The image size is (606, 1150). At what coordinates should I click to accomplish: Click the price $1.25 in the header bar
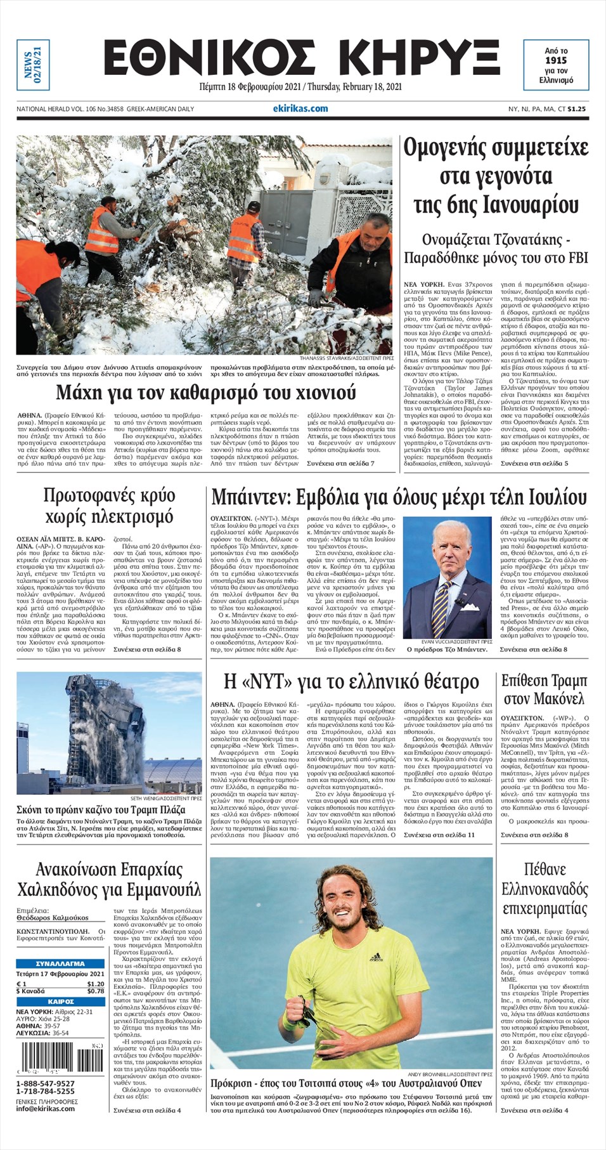(x=576, y=109)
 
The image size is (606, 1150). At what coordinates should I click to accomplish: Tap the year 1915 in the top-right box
(x=555, y=60)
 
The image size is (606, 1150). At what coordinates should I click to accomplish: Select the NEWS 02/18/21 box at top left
(x=32, y=65)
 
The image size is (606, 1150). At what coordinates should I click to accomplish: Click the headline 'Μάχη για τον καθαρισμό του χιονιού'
(x=206, y=393)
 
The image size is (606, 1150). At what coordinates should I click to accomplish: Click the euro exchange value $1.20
(x=96, y=984)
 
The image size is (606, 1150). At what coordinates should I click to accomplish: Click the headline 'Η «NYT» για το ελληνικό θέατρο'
(x=351, y=682)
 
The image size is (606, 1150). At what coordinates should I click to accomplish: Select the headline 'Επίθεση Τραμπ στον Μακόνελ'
(x=544, y=689)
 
